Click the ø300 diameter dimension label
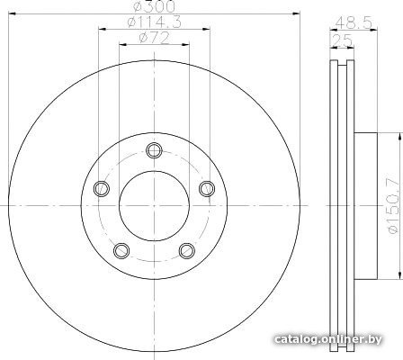(x=154, y=6)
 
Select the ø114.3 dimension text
(x=154, y=22)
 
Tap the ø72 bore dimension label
(x=154, y=38)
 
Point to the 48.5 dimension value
(x=354, y=22)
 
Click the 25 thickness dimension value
(x=342, y=40)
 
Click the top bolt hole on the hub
(x=155, y=150)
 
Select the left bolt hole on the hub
(x=102, y=188)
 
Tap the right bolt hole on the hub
(x=207, y=188)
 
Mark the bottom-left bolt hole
(x=121, y=250)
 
